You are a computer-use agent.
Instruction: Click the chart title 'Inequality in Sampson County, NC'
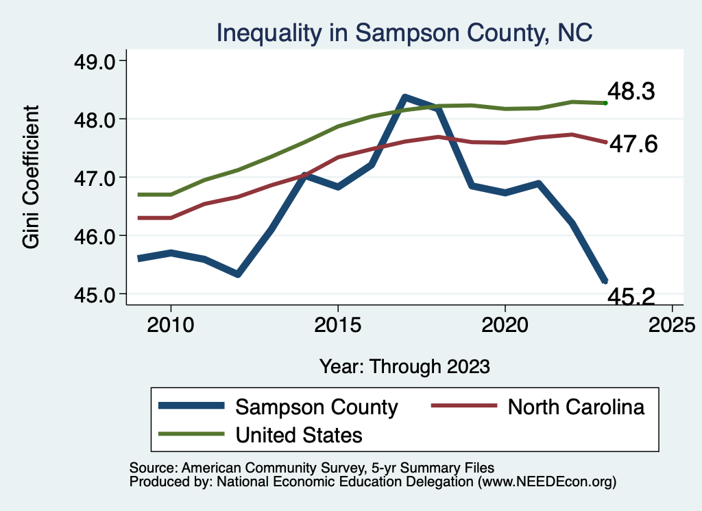[404, 32]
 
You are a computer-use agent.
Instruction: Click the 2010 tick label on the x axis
[170, 323]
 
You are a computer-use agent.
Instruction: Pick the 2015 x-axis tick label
[337, 323]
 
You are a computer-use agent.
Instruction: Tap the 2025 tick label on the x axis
[672, 323]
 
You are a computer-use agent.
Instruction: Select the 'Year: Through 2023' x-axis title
[404, 366]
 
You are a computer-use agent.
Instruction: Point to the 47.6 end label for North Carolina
[633, 144]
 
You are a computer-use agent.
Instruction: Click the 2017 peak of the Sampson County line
[404, 97]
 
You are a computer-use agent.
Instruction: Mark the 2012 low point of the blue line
[237, 274]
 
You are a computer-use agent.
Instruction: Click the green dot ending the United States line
[605, 103]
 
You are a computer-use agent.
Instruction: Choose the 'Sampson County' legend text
[316, 407]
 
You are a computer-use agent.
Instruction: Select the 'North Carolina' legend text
[577, 407]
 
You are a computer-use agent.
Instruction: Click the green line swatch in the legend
[191, 434]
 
